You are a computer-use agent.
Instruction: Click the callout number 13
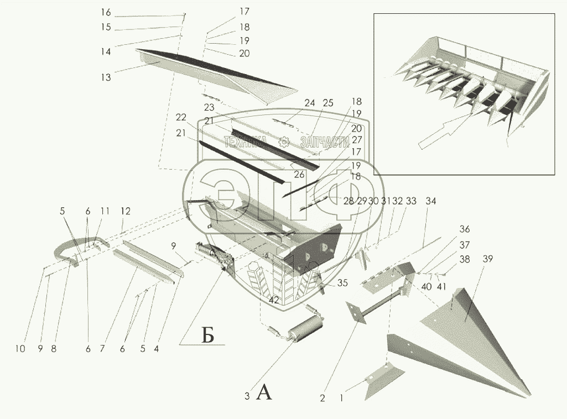pyautogui.click(x=105, y=77)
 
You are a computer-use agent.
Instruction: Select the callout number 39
pyautogui.click(x=487, y=259)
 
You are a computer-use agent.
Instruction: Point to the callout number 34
pyautogui.click(x=430, y=202)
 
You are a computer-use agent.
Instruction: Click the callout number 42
pyautogui.click(x=273, y=299)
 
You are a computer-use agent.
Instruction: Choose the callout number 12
pyautogui.click(x=126, y=211)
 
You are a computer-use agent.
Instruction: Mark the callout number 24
pyautogui.click(x=309, y=103)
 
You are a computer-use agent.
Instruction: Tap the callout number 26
pyautogui.click(x=299, y=174)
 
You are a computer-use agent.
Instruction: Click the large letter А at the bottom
pyautogui.click(x=265, y=393)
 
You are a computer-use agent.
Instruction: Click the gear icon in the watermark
pyautogui.click(x=284, y=142)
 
